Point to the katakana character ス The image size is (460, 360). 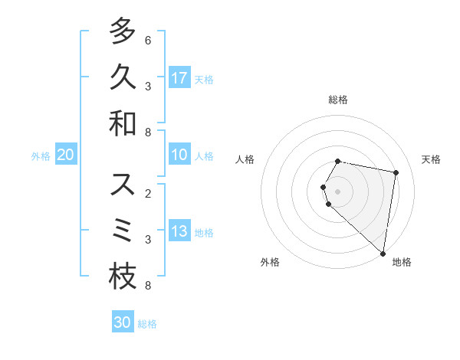[123, 185]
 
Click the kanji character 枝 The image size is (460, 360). [123, 277]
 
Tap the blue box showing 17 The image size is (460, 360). [179, 77]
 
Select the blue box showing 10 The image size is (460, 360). [179, 155]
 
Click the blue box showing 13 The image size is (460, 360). [179, 231]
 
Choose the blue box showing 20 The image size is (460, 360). [65, 155]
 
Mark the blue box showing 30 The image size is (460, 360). [122, 322]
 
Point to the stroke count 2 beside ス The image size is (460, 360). [148, 194]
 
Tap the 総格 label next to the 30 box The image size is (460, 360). [147, 324]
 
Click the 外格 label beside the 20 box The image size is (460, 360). [41, 156]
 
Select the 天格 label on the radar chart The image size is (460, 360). [431, 159]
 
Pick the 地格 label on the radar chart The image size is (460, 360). [402, 262]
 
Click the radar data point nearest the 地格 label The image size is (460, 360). [383, 252]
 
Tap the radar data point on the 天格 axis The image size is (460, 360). [396, 173]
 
